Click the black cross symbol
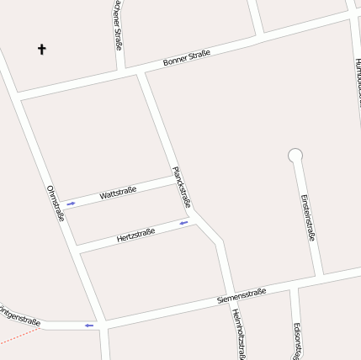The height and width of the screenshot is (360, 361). (42, 49)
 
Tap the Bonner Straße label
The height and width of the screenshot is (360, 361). (186, 59)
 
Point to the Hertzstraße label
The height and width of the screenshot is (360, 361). (135, 235)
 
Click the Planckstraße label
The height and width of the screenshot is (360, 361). (182, 187)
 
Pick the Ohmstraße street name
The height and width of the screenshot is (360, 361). (56, 204)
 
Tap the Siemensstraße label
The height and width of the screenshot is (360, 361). (242, 295)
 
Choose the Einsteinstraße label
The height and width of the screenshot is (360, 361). (308, 218)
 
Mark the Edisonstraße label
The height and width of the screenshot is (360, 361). (296, 341)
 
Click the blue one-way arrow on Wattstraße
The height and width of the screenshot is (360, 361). (72, 204)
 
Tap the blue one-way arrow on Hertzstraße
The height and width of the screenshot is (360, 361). (183, 223)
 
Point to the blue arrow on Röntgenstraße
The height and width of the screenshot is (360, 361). (88, 326)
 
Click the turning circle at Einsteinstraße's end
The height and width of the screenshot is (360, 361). (295, 155)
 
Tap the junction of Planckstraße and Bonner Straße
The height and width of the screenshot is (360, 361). (141, 73)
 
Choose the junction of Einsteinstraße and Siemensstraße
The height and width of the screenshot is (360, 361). (320, 274)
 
